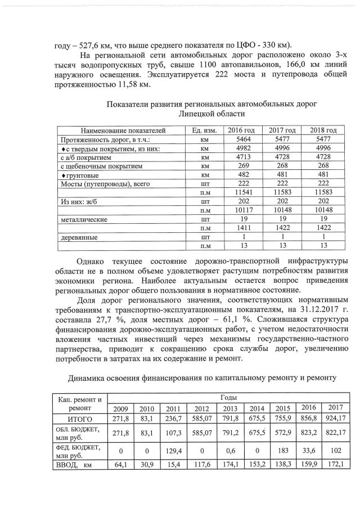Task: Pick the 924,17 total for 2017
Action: click(x=335, y=418)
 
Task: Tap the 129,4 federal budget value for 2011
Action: click(x=173, y=451)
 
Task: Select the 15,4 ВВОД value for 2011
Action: click(x=173, y=465)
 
